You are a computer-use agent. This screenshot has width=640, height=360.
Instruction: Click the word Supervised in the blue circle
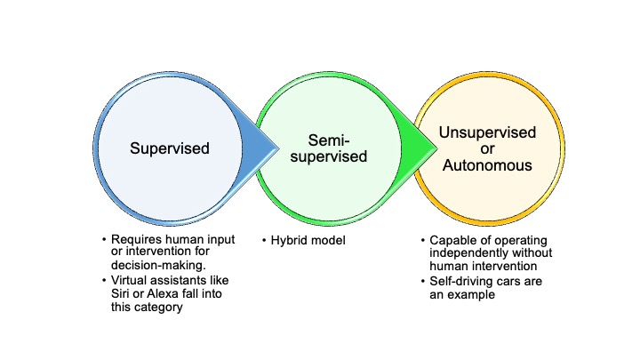(170, 148)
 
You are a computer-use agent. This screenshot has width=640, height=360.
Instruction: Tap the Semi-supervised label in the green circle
(329, 148)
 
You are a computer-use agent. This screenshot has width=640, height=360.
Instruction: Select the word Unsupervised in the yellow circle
(487, 133)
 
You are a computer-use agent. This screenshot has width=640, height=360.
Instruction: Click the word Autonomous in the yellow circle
(487, 165)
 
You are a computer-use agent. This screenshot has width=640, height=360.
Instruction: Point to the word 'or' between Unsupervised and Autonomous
(487, 149)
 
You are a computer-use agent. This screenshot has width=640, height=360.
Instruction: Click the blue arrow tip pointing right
(278, 148)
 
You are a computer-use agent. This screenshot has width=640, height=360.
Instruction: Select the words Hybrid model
(308, 240)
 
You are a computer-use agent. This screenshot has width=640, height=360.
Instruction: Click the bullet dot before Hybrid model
(264, 240)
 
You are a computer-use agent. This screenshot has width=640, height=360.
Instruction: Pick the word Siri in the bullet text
(120, 294)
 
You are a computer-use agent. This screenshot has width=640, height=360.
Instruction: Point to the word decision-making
(158, 265)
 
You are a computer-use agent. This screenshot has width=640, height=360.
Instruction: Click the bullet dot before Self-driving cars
(423, 282)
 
